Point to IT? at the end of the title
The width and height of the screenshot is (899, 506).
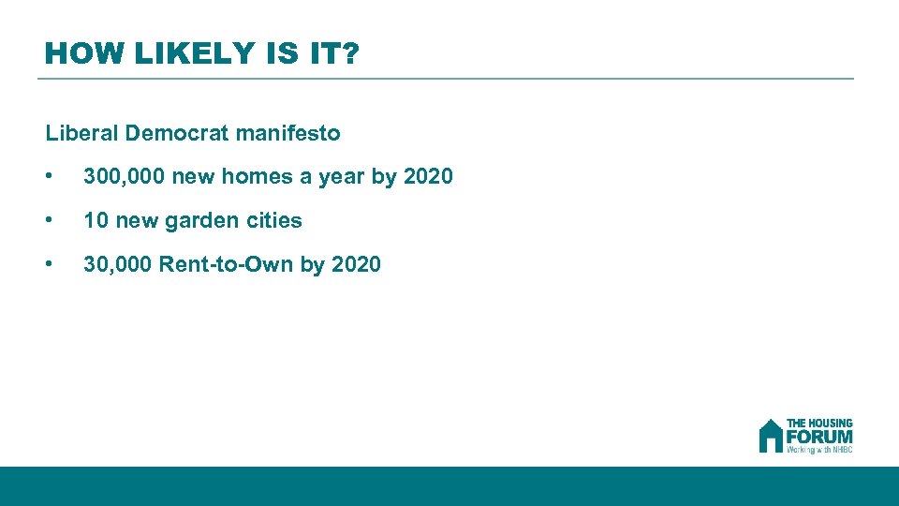(332, 53)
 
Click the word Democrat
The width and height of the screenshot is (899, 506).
(177, 133)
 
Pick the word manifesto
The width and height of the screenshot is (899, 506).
(288, 133)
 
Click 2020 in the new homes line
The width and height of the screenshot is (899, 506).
(427, 176)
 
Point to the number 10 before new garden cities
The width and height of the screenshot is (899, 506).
(96, 220)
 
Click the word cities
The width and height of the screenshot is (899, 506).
(273, 220)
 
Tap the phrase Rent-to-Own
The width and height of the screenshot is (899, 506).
(226, 264)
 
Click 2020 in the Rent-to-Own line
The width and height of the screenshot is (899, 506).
(356, 264)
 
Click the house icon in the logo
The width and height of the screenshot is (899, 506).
(770, 436)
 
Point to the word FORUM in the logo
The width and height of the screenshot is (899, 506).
(819, 437)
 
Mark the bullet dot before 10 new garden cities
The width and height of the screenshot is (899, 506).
(49, 221)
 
